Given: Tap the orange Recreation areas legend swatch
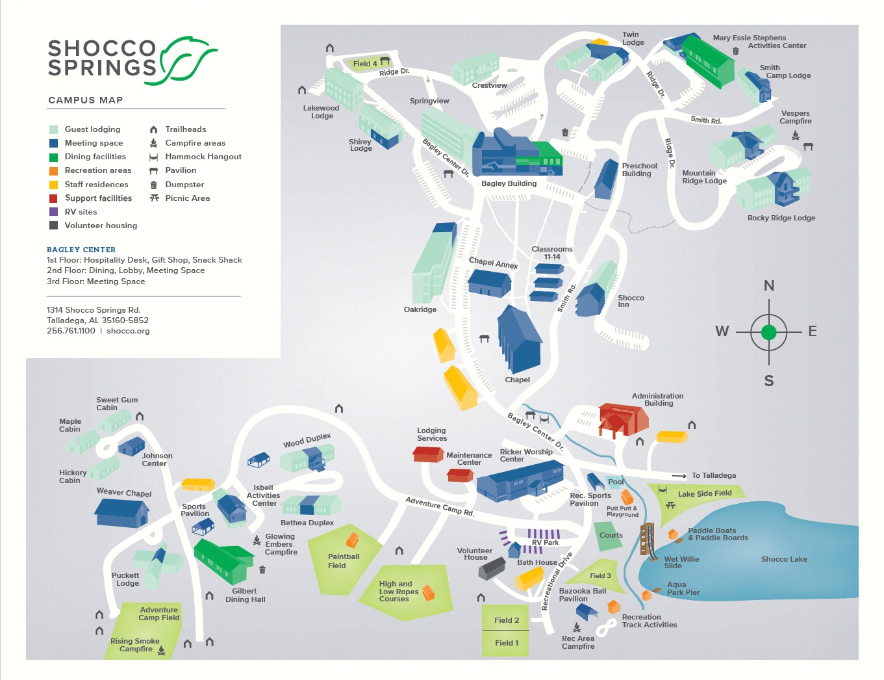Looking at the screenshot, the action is (53, 170).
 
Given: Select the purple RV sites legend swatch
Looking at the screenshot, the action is (53, 212).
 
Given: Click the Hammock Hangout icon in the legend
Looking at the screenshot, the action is (153, 157).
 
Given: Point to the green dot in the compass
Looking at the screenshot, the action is (768, 332).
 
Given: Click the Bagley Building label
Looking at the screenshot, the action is (509, 183).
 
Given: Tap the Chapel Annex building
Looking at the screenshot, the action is (489, 283).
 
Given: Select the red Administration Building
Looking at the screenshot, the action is (622, 420).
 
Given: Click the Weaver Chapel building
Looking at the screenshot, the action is (121, 513).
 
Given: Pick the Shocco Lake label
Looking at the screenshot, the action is (784, 559).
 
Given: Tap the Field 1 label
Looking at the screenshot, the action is (507, 643).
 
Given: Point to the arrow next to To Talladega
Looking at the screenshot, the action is (679, 476).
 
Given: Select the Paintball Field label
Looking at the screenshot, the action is (344, 561).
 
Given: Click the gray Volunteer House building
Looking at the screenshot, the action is (492, 568).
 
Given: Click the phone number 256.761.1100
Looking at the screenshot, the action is (71, 331).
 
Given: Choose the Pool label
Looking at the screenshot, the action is (616, 482).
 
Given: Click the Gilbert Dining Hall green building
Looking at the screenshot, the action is (223, 562).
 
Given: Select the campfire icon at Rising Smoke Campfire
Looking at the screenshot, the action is (161, 650).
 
